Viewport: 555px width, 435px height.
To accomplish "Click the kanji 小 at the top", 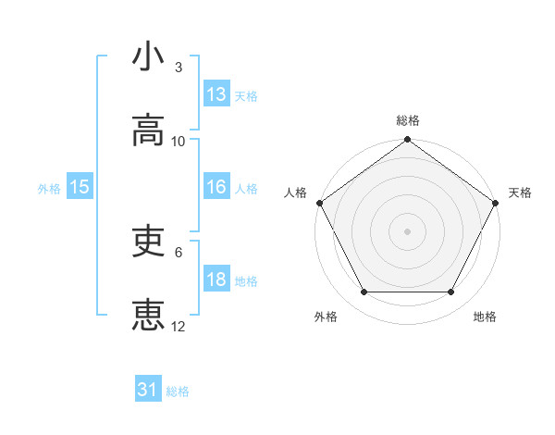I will [148, 56].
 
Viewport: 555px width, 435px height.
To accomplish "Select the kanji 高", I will [148, 131].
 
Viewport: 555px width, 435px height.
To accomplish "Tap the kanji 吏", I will [148, 242].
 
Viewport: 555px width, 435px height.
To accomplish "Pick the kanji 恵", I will [148, 316].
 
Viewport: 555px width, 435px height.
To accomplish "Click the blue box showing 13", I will [216, 94].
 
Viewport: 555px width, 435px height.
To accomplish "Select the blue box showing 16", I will [216, 188].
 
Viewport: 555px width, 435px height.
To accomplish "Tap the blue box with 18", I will [216, 280].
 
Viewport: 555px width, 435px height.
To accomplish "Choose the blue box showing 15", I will [80, 188].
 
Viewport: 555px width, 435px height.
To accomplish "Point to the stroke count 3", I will [179, 67].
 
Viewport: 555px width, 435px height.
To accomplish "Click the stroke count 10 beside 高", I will [179, 142].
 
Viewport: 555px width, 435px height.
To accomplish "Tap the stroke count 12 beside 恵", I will [179, 326].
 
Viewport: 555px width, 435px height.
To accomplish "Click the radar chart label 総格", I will [408, 120].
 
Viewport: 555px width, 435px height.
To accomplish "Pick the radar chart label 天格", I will [520, 193].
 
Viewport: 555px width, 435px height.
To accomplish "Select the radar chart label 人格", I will [295, 193].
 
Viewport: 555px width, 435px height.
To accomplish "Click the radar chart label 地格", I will [485, 317].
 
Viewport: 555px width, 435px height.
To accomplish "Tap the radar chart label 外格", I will [326, 317].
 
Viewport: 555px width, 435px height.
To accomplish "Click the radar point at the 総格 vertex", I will [408, 141].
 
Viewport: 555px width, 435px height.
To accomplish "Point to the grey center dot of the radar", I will [408, 230].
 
